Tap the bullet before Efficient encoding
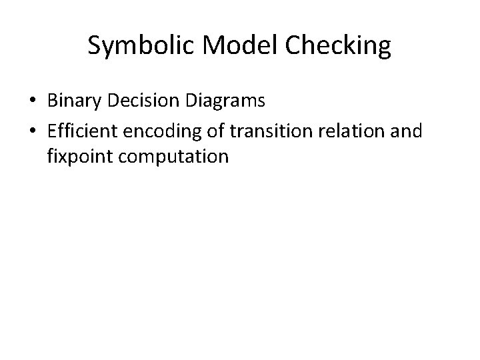[33, 131]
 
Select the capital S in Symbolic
[94, 46]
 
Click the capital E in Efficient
[52, 131]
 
